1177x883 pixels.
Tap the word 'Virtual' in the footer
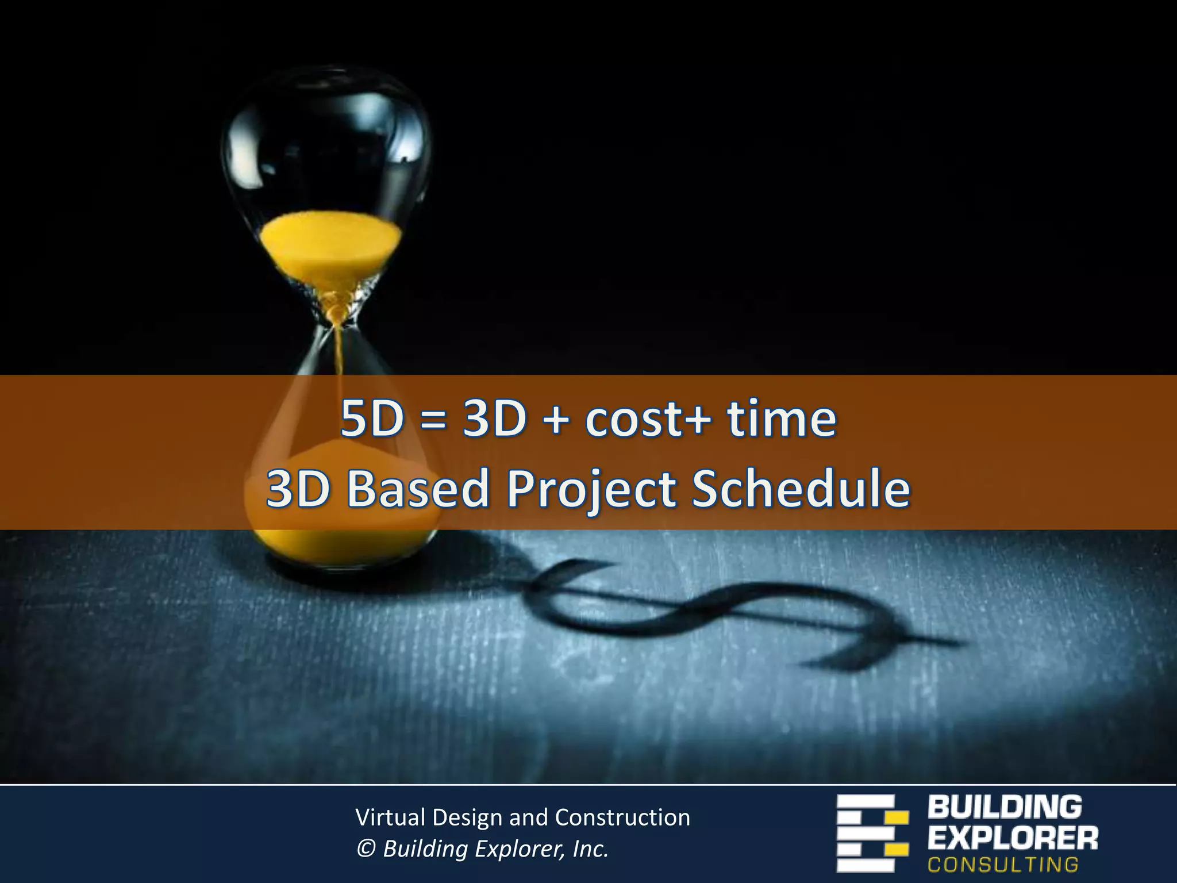pyautogui.click(x=390, y=817)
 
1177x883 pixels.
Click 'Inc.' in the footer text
pyautogui.click(x=590, y=849)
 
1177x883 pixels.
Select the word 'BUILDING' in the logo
pyautogui.click(x=1005, y=807)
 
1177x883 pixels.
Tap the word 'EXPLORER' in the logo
pyautogui.click(x=1013, y=838)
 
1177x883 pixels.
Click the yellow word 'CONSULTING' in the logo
pyautogui.click(x=1003, y=865)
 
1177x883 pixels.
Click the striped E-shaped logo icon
pyautogui.click(x=871, y=833)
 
